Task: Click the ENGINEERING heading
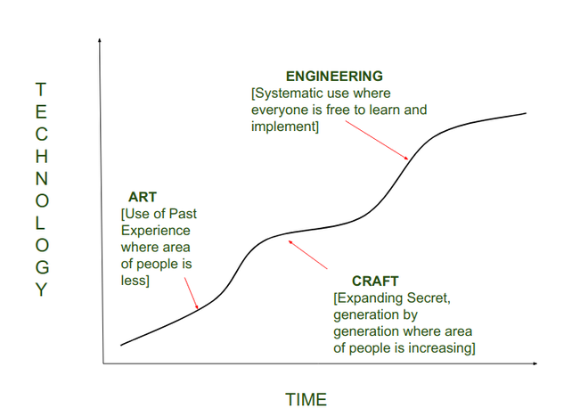click(334, 76)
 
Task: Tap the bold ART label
click(143, 197)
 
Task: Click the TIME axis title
click(306, 399)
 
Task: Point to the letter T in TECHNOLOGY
click(40, 89)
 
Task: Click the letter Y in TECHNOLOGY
click(40, 290)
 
